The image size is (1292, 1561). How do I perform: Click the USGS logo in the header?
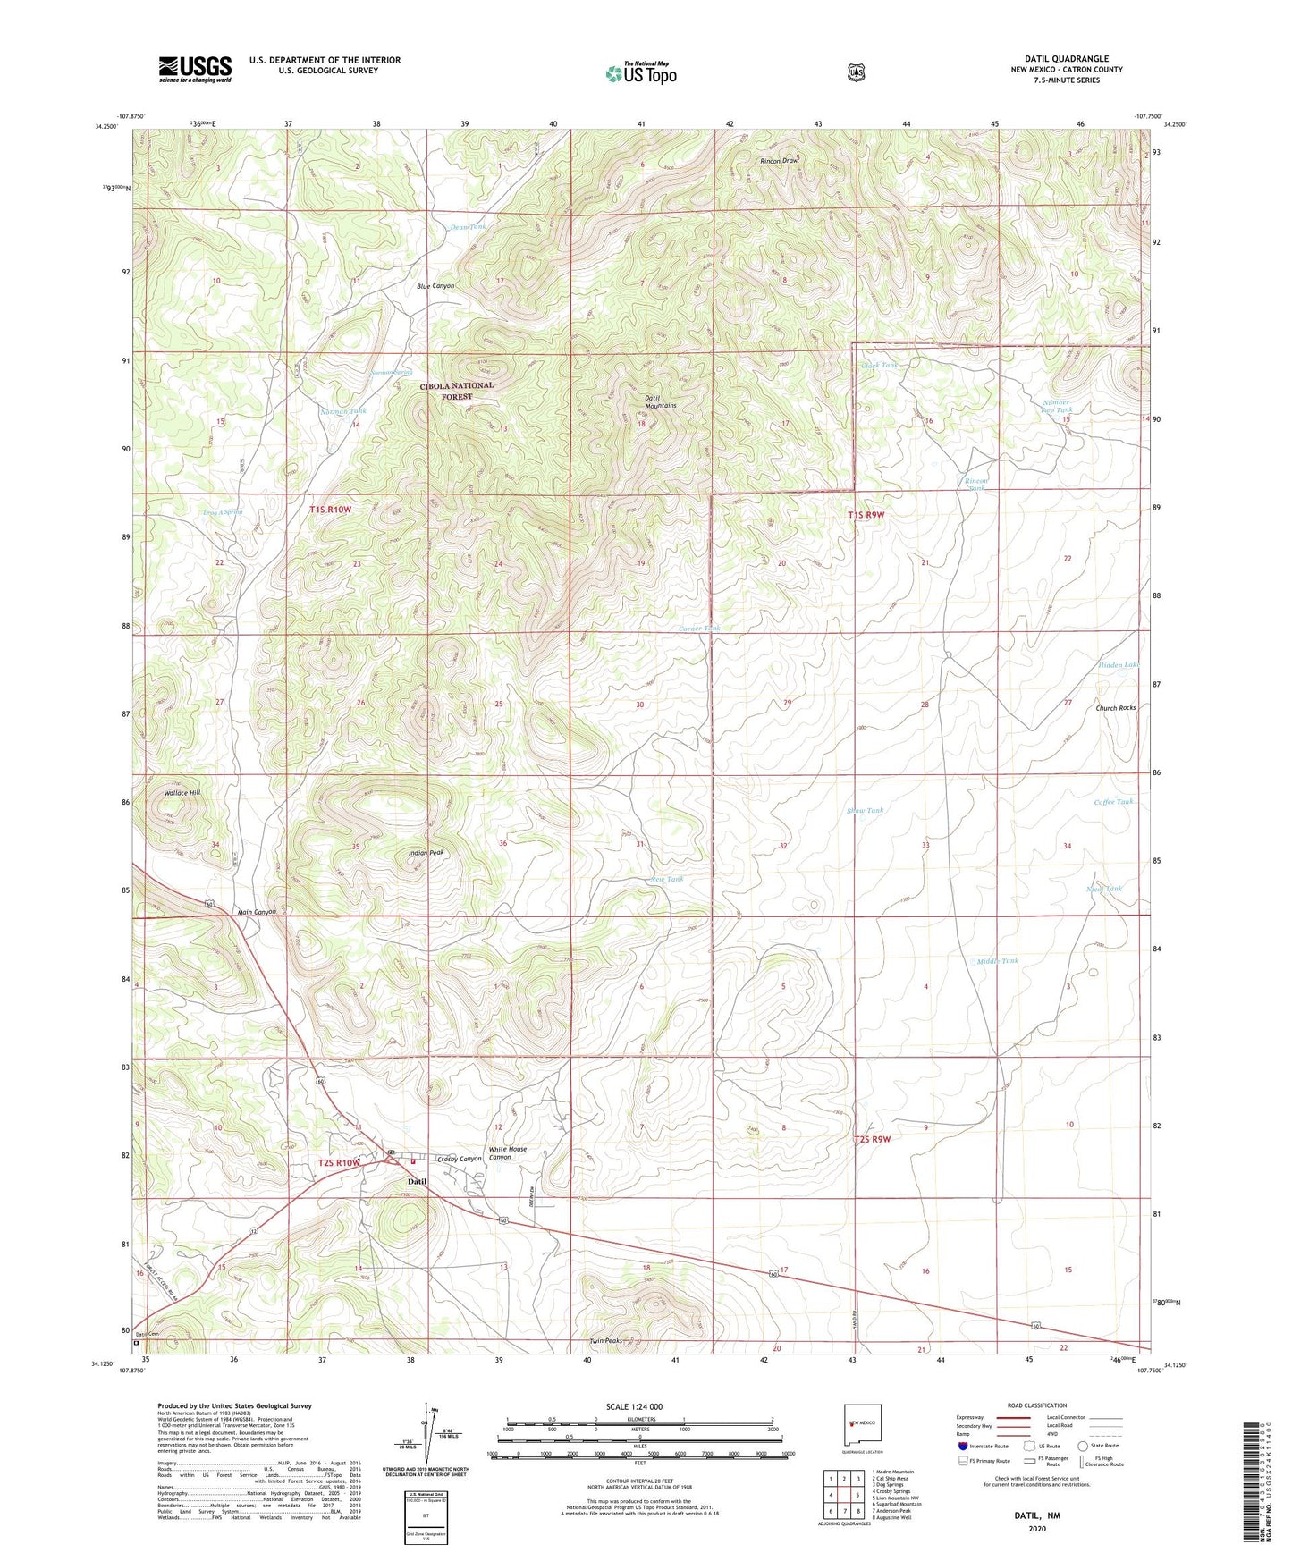(195, 69)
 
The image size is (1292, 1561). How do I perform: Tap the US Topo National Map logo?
(640, 72)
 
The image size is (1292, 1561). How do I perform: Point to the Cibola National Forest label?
(456, 391)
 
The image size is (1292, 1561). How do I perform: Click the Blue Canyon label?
(435, 286)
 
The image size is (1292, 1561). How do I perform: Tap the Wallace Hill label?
(182, 793)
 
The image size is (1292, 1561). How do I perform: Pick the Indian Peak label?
(426, 853)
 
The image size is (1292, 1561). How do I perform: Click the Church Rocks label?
(1115, 708)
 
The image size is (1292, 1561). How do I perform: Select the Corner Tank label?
(698, 629)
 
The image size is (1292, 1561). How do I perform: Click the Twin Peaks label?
(605, 1341)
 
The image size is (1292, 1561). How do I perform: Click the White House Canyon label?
(507, 1153)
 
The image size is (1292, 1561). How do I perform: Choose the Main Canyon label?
(257, 912)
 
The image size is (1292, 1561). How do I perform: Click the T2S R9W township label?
(872, 1139)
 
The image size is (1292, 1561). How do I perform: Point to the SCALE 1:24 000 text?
(634, 1407)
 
